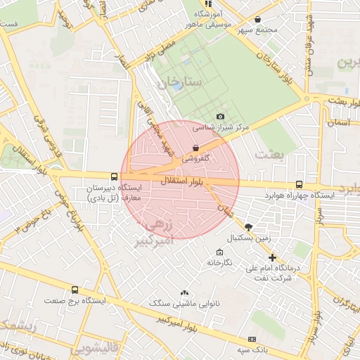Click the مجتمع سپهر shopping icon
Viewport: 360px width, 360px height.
pos(259,20)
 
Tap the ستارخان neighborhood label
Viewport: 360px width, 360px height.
pos(180,82)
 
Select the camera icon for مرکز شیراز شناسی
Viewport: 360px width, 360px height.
pos(221,116)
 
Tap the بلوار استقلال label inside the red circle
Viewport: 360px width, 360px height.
pos(183,181)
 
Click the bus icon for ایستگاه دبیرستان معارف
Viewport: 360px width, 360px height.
pos(114,177)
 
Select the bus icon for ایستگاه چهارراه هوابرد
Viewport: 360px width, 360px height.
pos(300,184)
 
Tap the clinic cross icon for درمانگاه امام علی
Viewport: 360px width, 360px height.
pos(273,257)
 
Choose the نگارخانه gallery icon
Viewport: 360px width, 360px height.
pos(218,252)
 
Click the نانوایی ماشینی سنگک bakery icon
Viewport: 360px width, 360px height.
pos(184,292)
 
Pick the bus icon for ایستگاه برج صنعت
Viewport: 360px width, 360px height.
pos(75,289)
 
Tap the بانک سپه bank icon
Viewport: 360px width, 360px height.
pos(252,338)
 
